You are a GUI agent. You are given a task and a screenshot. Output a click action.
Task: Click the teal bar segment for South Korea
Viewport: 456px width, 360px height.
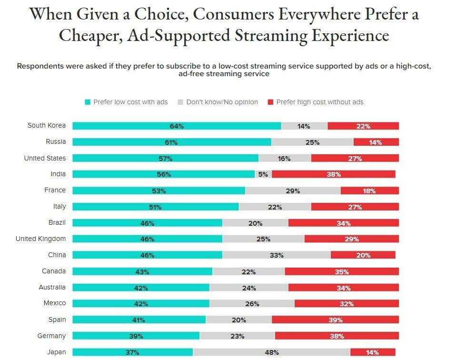177,126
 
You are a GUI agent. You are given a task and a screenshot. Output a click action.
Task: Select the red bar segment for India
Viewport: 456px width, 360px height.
333,174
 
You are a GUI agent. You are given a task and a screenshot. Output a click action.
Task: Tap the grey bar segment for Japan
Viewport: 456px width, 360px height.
271,352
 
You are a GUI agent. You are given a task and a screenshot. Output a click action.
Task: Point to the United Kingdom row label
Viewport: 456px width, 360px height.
41,239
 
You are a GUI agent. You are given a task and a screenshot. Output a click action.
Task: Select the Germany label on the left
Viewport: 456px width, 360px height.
52,336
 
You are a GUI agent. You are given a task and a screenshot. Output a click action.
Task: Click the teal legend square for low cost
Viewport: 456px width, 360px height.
88,102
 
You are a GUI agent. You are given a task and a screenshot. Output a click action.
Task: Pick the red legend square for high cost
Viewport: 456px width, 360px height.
270,102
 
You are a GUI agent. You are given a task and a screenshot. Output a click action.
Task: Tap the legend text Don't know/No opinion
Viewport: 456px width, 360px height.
222,102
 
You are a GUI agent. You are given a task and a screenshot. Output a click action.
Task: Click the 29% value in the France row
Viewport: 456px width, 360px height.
293,191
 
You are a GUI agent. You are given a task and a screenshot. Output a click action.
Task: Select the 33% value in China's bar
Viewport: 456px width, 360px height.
277,255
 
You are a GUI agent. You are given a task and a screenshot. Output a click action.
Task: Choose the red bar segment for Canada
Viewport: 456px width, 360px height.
341,272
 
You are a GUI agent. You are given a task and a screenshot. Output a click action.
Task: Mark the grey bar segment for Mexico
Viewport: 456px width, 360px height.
252,304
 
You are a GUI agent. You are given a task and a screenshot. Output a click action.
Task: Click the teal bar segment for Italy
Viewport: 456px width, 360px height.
156,207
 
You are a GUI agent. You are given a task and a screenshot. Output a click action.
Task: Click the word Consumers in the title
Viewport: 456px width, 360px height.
213,14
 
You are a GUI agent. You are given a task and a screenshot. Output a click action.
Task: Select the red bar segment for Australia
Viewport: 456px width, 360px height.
343,288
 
